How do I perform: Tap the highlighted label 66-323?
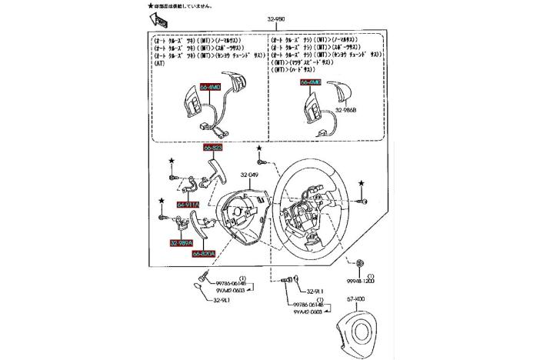(x=213, y=147)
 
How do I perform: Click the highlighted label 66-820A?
(x=204, y=252)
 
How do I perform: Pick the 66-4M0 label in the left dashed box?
(x=210, y=88)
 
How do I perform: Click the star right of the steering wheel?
(x=359, y=182)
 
